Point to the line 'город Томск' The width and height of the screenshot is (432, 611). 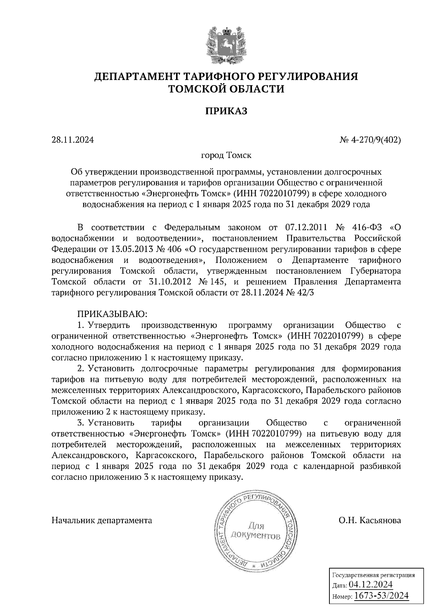[x=226, y=155]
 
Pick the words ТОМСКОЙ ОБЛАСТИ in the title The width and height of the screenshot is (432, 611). [x=226, y=89]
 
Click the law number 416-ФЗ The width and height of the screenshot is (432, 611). [x=364, y=227]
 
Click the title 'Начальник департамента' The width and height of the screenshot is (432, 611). [x=102, y=520]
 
